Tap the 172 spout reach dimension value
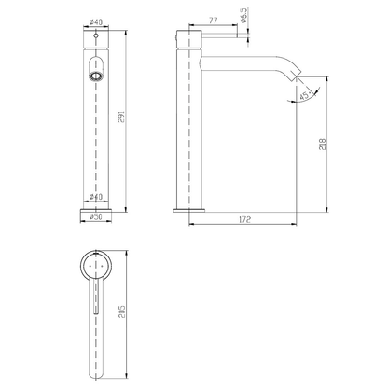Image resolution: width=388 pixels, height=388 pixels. coord(244,220)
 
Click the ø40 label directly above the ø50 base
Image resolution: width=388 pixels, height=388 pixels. coord(95,197)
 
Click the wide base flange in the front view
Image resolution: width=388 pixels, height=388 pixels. coord(95,207)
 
